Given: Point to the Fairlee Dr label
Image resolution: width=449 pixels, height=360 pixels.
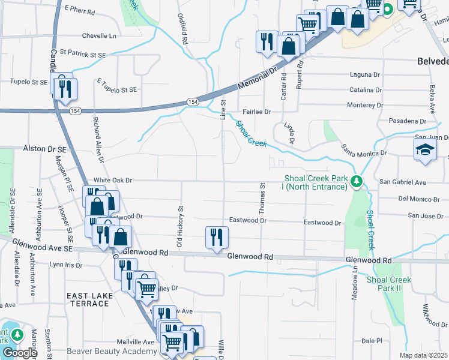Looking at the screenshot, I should [x=257, y=112].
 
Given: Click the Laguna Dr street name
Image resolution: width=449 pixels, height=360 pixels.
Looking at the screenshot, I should [x=366, y=75].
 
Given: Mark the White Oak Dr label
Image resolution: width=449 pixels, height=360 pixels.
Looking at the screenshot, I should [x=112, y=180].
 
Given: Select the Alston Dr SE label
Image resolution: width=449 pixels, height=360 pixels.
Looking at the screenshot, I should [x=44, y=148].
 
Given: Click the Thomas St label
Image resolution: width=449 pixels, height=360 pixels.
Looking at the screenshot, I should [x=262, y=199].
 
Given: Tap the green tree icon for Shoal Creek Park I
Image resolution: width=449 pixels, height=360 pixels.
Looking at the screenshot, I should [x=356, y=181].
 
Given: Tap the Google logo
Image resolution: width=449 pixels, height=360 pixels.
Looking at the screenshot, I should [x=20, y=353].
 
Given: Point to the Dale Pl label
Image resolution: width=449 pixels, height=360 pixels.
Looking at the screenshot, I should [x=372, y=340].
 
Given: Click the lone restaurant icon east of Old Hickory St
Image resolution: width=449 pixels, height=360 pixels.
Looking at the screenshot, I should [x=215, y=236].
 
